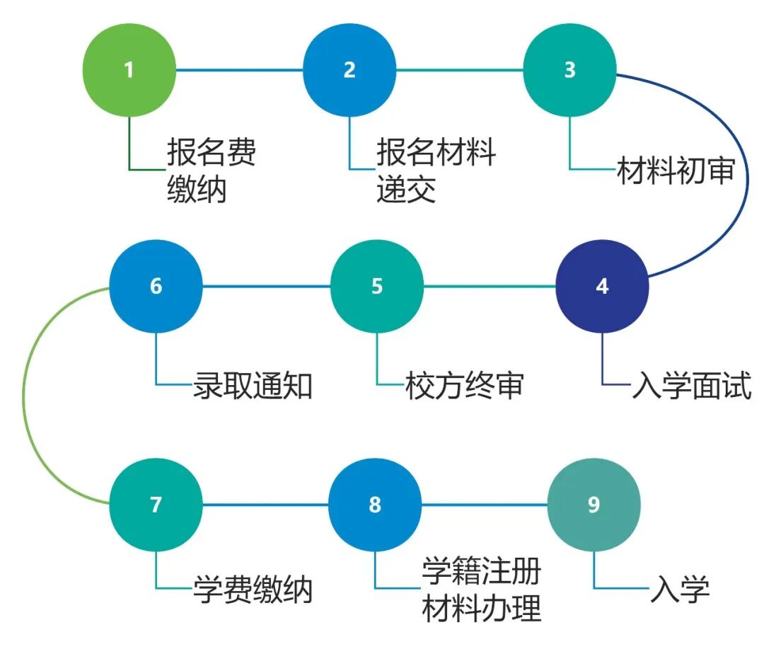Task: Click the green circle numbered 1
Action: [x=129, y=70]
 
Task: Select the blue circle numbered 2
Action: [x=349, y=70]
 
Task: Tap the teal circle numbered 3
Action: [x=569, y=70]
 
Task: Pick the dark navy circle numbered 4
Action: [x=602, y=287]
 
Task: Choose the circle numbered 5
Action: [x=377, y=287]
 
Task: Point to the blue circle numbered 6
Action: [x=156, y=287]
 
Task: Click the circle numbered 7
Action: [x=156, y=505]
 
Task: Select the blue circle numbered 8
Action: [x=375, y=505]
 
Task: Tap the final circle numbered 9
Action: [x=594, y=505]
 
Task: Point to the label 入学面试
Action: [x=691, y=386]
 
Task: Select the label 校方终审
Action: [x=465, y=386]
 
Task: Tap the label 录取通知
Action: [x=253, y=386]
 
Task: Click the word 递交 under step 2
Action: [x=406, y=190]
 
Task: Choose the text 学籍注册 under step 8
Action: [x=482, y=572]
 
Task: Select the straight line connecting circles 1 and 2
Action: [x=239, y=70]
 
